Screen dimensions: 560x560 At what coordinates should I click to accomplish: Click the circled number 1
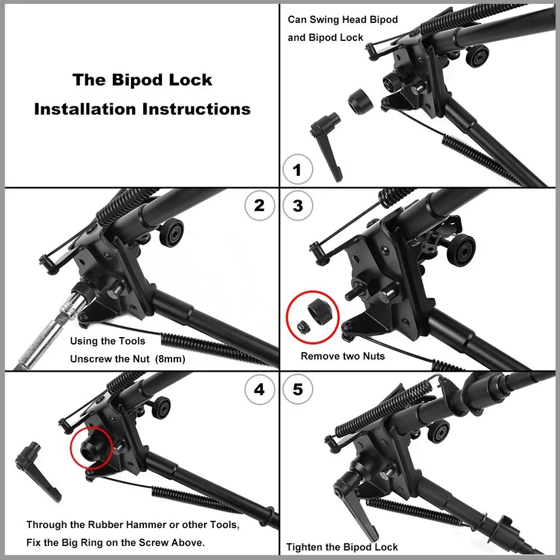pos(297,169)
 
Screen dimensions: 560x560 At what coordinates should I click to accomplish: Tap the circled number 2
pos(260,206)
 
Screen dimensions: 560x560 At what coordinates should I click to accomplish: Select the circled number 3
pos(297,206)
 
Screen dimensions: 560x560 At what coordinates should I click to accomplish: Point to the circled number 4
pos(260,389)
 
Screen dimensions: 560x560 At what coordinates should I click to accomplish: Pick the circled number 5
pos(297,389)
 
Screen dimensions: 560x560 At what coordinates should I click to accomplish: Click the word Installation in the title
pos(85,109)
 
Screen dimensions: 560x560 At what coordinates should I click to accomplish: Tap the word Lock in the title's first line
pos(191,80)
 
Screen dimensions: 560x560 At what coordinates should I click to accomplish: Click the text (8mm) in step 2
pos(170,359)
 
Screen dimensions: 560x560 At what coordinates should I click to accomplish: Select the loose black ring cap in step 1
pos(360,100)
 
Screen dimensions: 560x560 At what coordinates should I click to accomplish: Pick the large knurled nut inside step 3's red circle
pos(321,311)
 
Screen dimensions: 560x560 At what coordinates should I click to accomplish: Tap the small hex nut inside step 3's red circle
pos(302,327)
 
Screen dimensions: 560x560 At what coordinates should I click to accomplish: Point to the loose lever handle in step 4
pos(38,471)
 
